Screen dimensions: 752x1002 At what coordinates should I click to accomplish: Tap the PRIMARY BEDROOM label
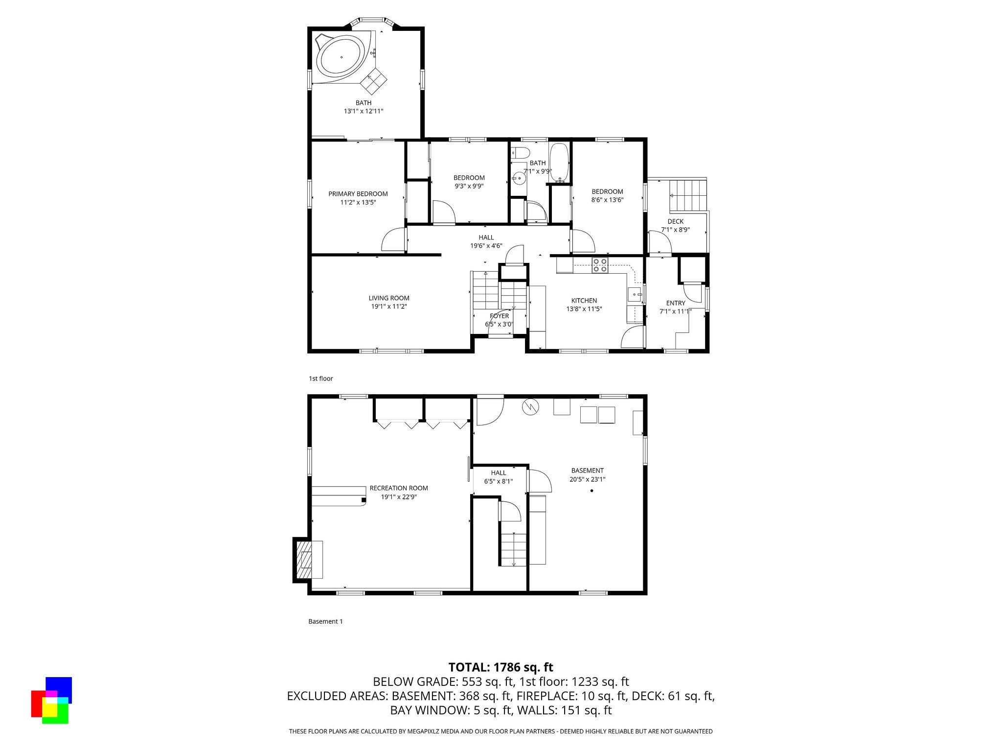[358, 194]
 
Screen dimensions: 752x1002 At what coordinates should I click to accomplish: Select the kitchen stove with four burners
[600, 265]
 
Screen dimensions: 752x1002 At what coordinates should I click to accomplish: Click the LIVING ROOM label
[389, 298]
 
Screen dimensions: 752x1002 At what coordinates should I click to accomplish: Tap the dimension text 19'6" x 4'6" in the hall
[486, 246]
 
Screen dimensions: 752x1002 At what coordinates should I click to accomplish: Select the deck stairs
[688, 194]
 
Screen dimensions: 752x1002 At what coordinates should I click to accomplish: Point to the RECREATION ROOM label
[398, 488]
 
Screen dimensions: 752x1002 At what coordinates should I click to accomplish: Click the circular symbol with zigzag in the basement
[530, 406]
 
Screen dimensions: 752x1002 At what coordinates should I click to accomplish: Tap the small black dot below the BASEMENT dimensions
[592, 491]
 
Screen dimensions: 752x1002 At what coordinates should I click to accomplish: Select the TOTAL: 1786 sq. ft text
[501, 667]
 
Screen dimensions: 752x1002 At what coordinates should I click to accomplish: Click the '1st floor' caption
[320, 378]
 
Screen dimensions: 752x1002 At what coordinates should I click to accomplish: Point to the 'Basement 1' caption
[325, 621]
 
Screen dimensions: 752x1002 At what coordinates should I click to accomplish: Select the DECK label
[675, 221]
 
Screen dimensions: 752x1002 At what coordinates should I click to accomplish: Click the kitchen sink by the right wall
[635, 295]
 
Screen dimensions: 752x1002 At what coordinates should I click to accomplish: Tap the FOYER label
[499, 316]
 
